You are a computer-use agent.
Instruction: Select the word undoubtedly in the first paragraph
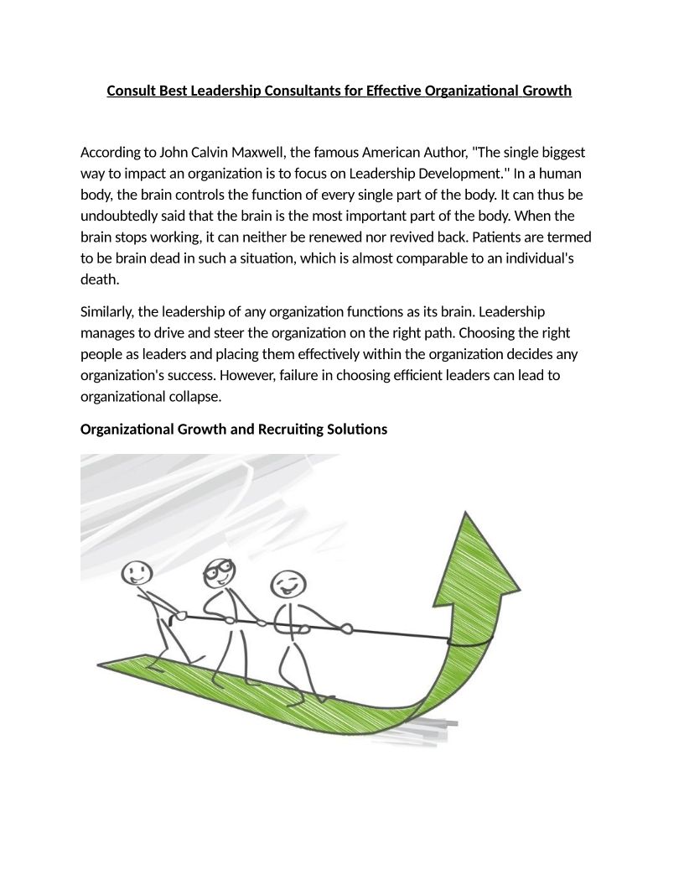pos(117,216)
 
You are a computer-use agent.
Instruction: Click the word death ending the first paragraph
pos(100,280)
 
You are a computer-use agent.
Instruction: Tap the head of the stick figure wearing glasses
pos(220,574)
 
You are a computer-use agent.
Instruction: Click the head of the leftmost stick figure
pos(137,574)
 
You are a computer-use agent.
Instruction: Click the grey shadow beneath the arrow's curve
pos(427,728)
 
